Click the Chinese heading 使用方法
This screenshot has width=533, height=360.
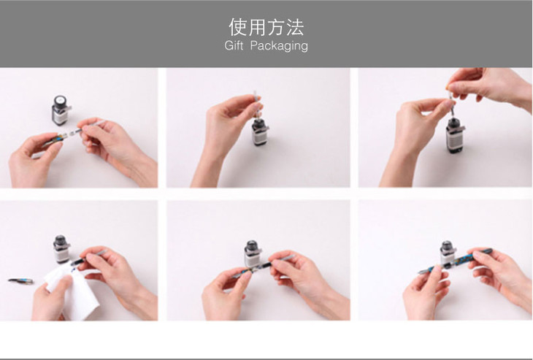[266, 27]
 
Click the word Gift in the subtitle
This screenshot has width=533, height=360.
[234, 45]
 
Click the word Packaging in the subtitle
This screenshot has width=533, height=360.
[279, 46]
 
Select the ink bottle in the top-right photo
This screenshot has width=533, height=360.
[454, 135]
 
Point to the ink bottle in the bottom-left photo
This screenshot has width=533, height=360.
[61, 250]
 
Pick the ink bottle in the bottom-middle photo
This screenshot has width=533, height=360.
[253, 253]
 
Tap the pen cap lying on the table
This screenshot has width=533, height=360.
[21, 281]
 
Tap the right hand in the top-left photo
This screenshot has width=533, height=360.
[118, 146]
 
